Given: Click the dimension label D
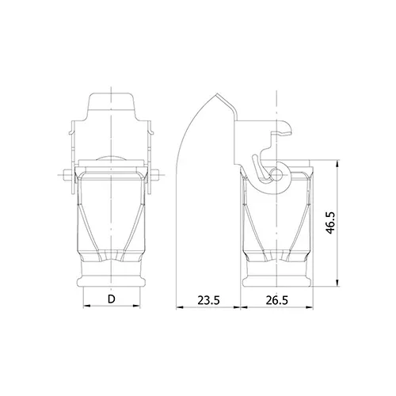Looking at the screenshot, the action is pos(112,299).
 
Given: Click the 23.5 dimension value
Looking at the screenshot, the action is pos(208,300).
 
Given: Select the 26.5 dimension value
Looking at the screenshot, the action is pos(276,300).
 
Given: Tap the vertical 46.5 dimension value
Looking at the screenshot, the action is pos(330,223).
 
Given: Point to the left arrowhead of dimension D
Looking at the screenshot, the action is pos(86,306).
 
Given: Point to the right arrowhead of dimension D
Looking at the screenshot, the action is pos(137,306).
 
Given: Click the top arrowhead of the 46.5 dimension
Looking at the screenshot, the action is pos(337,163).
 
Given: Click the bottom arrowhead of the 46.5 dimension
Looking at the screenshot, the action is pos(337,283).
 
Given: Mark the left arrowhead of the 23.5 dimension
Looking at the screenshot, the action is pos(180,307).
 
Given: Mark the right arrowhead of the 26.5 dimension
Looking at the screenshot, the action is pos(310,307).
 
